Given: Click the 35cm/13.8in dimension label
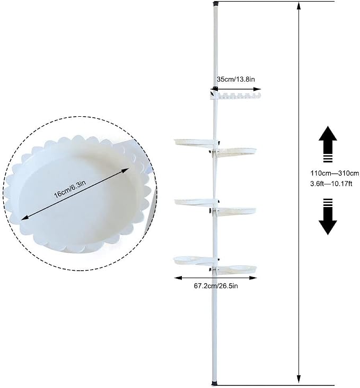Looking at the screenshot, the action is click(236, 79).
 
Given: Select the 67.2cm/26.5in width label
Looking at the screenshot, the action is click(216, 286).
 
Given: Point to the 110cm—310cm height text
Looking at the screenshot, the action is click(335, 173).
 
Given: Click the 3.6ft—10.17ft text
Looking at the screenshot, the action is click(331, 184).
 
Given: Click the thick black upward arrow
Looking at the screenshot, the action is click(328, 144).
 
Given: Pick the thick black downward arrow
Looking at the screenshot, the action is click(328, 217).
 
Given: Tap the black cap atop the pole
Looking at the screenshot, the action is click(216, 4).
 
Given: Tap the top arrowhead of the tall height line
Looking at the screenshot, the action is click(299, 5).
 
